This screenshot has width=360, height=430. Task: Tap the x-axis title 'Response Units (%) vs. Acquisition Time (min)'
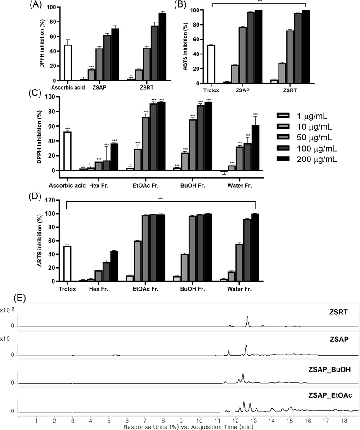click(x=188, y=426)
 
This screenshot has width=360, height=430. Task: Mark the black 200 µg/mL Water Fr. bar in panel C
click(x=256, y=148)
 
